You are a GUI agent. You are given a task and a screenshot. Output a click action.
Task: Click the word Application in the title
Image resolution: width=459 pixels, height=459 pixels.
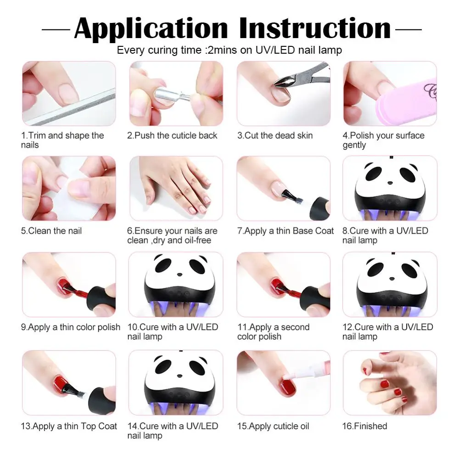tap(150, 28)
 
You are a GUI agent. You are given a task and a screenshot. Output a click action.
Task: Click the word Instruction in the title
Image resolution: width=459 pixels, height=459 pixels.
tap(315, 28)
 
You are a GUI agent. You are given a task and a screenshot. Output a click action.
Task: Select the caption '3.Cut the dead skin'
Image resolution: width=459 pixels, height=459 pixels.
tap(274, 135)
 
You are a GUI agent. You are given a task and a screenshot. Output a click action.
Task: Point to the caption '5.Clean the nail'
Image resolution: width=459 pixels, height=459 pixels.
tap(51, 231)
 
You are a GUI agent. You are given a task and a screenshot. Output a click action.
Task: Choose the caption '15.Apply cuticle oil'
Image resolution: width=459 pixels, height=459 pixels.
tap(273, 426)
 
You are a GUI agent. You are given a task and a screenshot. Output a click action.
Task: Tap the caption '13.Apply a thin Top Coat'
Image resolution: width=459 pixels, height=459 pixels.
tap(69, 426)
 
